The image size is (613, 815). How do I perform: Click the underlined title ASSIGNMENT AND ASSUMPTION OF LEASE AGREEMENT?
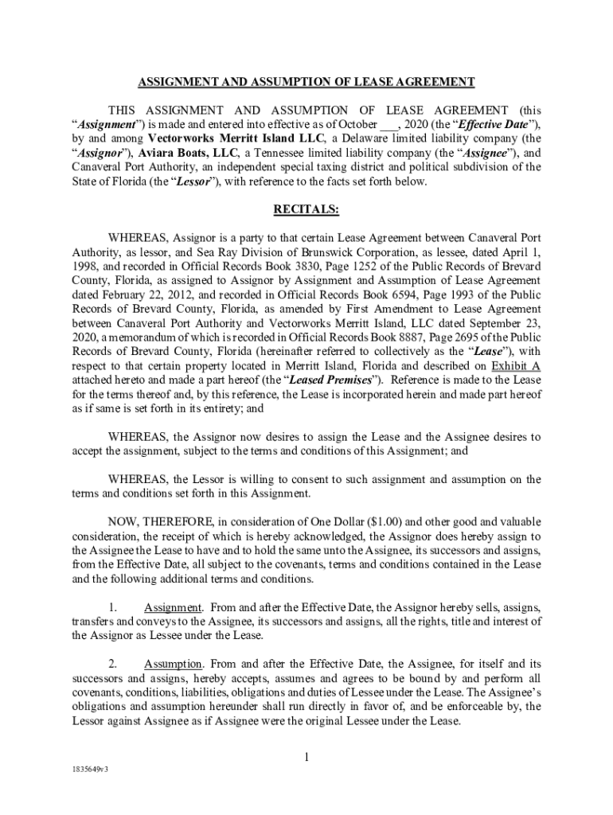click(306, 82)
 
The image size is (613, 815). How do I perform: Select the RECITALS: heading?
click(306, 210)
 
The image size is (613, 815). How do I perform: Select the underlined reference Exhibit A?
click(516, 366)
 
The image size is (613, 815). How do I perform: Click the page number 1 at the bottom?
click(306, 757)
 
